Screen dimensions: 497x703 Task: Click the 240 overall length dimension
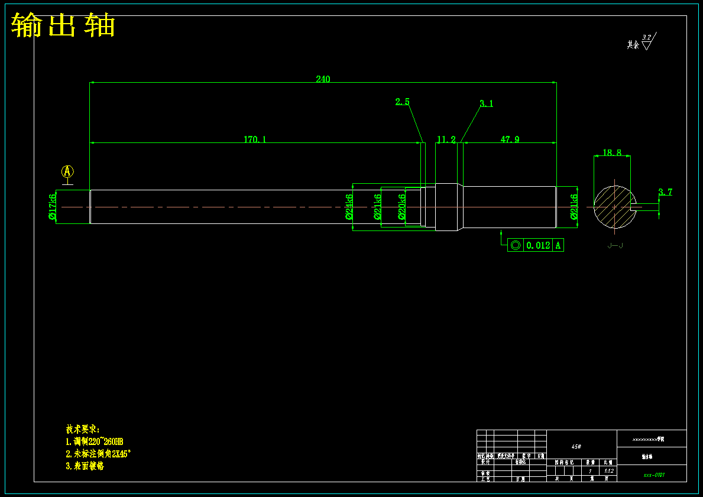pos(323,79)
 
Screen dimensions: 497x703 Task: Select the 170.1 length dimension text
pos(255,139)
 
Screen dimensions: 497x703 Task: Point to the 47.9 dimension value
pos(510,139)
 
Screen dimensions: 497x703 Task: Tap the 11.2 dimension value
pos(446,139)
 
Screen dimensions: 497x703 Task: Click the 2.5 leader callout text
pos(402,102)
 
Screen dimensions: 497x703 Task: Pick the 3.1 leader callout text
pos(486,103)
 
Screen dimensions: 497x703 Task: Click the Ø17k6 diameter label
pos(53,206)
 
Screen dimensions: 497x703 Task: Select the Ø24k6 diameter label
pos(349,207)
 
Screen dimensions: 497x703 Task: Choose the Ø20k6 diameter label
pos(402,207)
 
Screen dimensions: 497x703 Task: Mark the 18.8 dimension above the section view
pos(611,152)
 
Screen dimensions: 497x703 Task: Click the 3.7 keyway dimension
pos(665,192)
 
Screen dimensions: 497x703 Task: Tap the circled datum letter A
pos(67,171)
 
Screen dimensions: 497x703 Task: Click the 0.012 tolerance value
pos(537,245)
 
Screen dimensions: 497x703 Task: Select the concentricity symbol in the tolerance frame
pos(515,245)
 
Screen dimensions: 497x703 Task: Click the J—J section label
pos(615,245)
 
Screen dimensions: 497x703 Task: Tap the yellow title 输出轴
pos(63,25)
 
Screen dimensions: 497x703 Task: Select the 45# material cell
pos(576,447)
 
